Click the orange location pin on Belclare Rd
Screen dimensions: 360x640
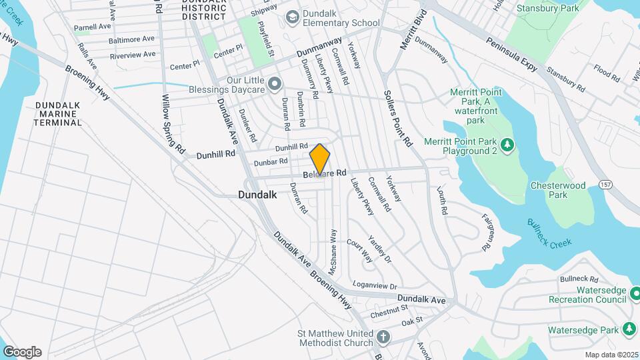click(x=320, y=160)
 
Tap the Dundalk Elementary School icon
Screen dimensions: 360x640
click(x=291, y=17)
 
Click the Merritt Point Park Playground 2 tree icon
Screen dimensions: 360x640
click(x=507, y=145)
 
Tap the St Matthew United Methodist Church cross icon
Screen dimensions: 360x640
click(x=383, y=337)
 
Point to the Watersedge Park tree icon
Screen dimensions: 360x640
click(x=628, y=329)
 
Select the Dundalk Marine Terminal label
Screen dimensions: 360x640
click(x=58, y=114)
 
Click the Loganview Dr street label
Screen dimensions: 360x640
click(x=375, y=285)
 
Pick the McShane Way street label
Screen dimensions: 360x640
click(x=332, y=253)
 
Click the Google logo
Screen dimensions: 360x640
click(x=22, y=351)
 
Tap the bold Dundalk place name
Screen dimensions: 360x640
click(x=257, y=195)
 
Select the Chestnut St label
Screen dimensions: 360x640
click(x=389, y=310)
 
